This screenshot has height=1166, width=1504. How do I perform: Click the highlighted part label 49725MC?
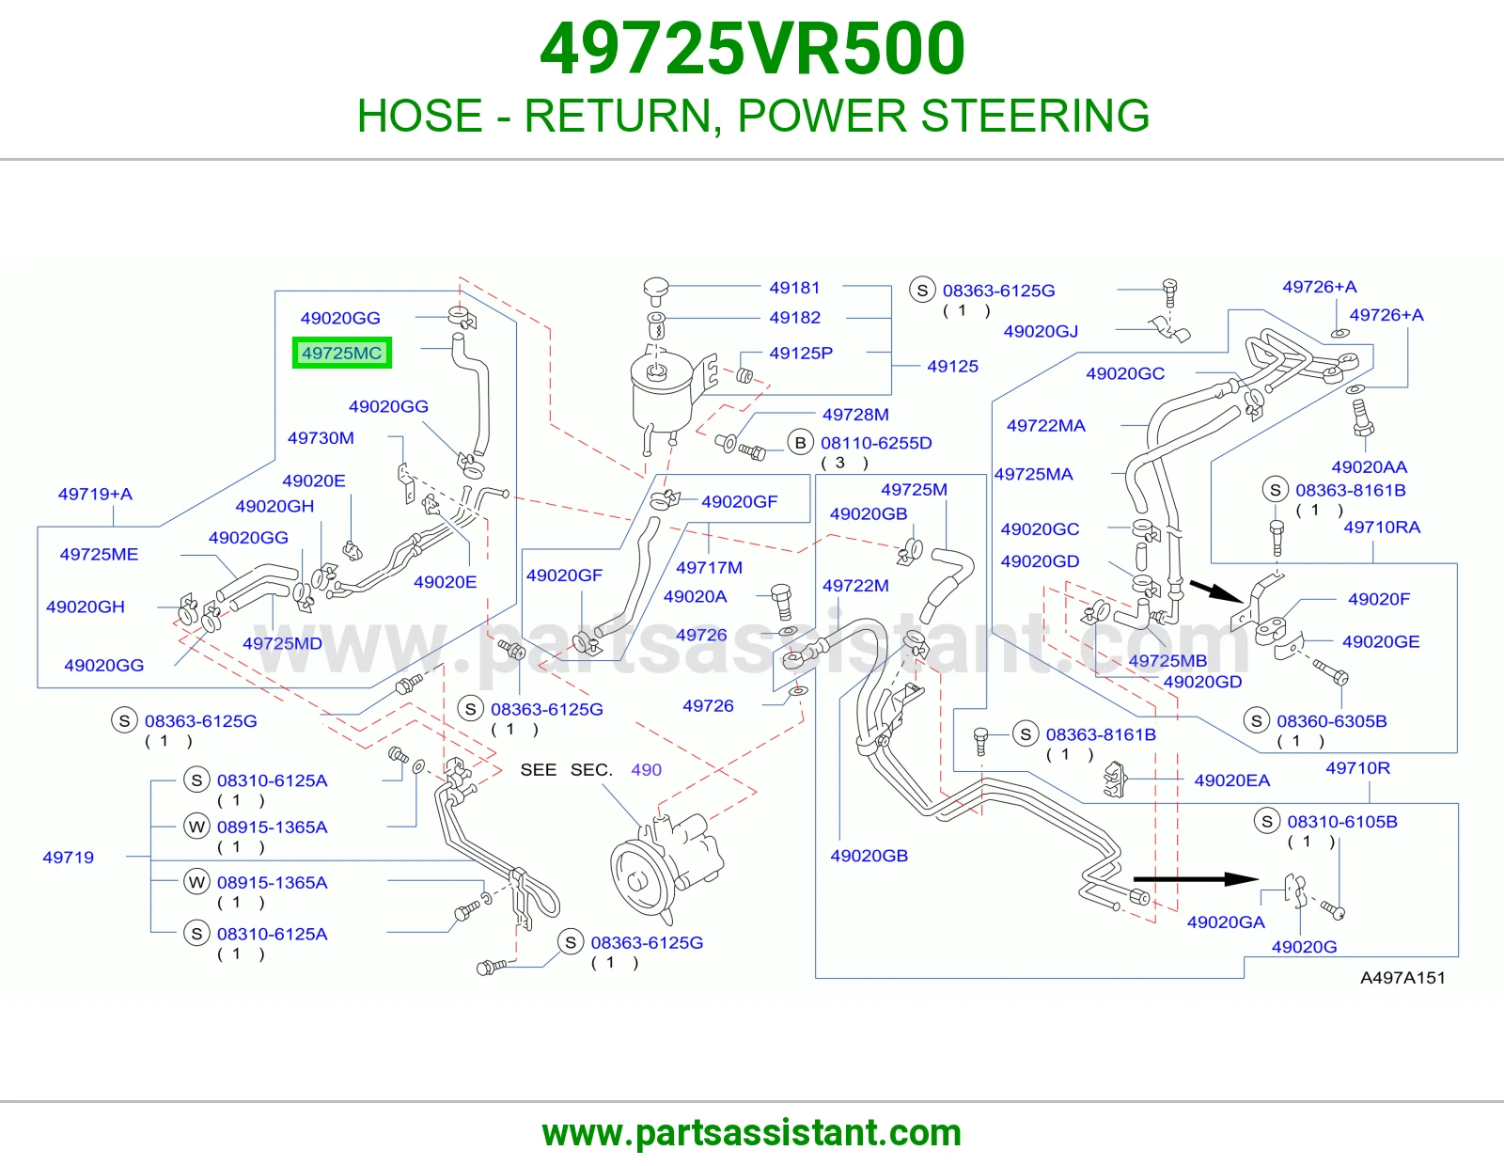(342, 354)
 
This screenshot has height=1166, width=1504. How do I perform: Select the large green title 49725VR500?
(752, 49)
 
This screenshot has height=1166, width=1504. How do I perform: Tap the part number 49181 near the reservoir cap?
(794, 288)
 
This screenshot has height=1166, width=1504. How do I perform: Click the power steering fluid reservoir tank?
(663, 391)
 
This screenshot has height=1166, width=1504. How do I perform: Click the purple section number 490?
(646, 769)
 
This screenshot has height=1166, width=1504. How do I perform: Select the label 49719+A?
(95, 494)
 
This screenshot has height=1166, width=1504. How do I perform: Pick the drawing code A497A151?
(1402, 978)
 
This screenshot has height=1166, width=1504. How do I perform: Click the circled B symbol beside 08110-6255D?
(800, 443)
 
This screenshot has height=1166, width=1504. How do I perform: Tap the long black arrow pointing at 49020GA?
(1196, 878)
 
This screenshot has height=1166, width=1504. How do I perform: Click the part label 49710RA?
(1382, 527)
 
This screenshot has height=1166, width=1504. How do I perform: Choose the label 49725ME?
(99, 554)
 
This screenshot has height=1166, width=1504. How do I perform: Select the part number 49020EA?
(1232, 780)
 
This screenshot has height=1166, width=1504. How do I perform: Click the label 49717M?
(709, 567)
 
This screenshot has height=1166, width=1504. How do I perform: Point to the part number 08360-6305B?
(1332, 721)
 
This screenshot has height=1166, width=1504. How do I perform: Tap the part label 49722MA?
(1046, 425)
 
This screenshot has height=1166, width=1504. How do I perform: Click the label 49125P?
(801, 353)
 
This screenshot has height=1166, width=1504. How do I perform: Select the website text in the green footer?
(752, 1133)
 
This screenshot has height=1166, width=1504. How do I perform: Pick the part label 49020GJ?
(1041, 331)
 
